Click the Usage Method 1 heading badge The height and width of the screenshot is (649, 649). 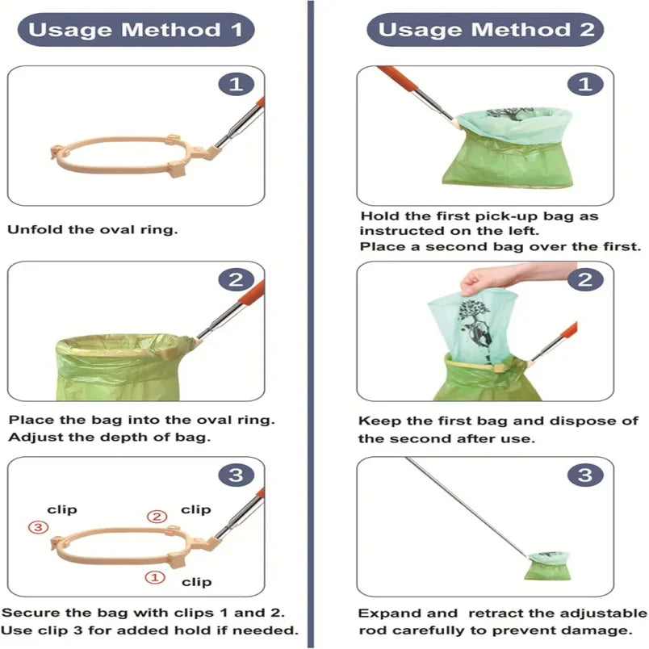point(136,30)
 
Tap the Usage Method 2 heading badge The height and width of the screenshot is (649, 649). point(485,30)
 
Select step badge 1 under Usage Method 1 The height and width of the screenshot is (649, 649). point(237,85)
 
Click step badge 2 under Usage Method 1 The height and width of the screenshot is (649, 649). point(237,280)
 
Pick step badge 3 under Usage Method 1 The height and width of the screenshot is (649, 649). point(237,475)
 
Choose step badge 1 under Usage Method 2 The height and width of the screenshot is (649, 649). point(585,85)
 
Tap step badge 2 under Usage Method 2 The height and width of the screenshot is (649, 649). point(585,280)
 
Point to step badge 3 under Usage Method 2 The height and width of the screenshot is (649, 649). point(585,475)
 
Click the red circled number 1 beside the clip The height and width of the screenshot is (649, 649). point(155,577)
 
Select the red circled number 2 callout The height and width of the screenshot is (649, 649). point(157,517)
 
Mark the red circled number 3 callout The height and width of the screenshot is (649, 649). point(38,527)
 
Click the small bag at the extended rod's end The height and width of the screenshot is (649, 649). point(546,566)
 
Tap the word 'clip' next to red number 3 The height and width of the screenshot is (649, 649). point(62,509)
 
